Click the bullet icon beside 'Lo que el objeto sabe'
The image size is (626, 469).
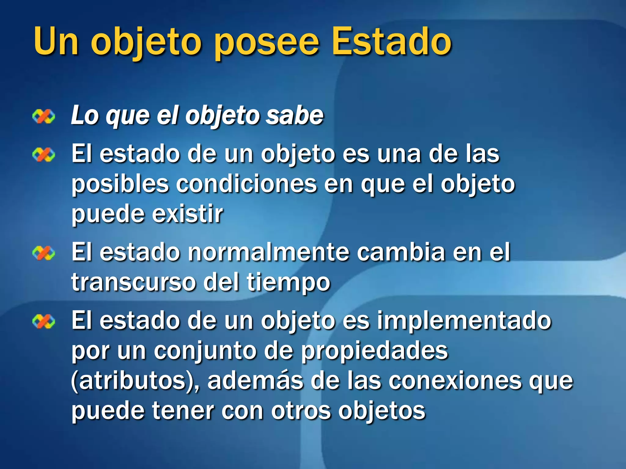tap(44, 117)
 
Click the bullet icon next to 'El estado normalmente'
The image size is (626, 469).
tap(44, 253)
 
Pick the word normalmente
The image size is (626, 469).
tap(268, 252)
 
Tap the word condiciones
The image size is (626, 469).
tap(246, 184)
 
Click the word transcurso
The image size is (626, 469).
tap(133, 282)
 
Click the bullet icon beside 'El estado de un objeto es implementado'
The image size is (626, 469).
tap(44, 322)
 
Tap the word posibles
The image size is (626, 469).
tap(120, 184)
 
